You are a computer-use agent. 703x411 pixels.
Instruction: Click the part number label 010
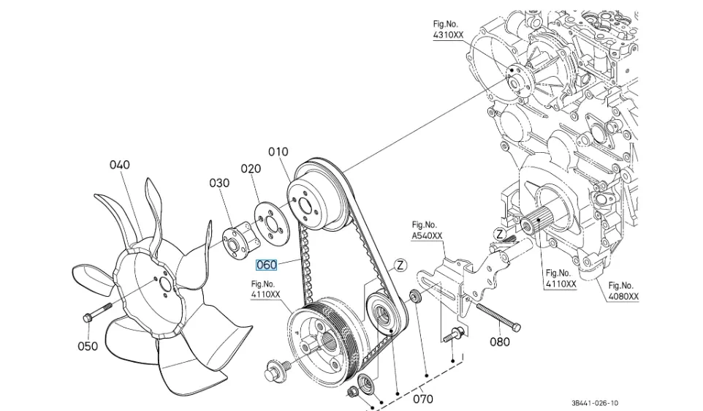point(278,152)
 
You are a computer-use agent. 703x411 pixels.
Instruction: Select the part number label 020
point(251,169)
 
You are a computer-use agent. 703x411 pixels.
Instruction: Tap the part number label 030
point(219,183)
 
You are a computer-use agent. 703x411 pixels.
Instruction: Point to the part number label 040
point(119,165)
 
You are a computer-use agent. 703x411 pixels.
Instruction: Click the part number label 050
point(88,346)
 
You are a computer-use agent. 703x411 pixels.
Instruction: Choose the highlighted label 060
point(267,265)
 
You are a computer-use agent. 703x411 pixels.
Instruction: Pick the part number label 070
point(423,399)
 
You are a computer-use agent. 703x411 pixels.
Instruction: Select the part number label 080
point(500,342)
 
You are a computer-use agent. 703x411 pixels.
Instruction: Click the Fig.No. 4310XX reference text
point(447,30)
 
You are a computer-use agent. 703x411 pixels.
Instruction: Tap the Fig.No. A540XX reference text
point(427,230)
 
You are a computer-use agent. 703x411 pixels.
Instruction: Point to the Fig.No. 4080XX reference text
point(623,291)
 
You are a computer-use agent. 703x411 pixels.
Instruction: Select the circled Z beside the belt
point(400,265)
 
